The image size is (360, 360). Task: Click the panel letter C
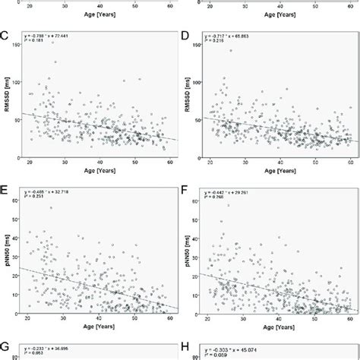[x=5, y=35]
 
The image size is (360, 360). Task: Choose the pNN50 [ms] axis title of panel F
[x=190, y=238]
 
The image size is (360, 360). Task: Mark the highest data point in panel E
[x=52, y=207]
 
